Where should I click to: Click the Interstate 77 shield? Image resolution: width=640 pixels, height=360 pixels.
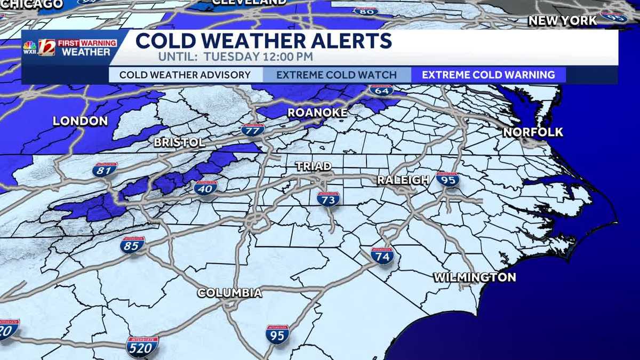click(253, 130)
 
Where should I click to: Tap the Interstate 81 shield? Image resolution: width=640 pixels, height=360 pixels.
click(105, 170)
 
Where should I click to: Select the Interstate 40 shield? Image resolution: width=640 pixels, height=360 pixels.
click(206, 187)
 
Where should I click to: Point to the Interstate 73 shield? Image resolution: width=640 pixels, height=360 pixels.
click(328, 199)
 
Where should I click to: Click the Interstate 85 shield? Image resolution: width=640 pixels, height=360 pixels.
click(132, 245)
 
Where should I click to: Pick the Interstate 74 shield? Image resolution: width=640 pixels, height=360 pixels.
click(382, 256)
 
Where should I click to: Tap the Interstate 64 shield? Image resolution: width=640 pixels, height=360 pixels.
click(381, 90)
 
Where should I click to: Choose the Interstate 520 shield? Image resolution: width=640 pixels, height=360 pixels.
click(142, 346)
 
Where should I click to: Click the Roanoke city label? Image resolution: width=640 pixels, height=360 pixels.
click(317, 113)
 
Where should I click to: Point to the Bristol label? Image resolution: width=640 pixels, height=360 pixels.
click(179, 142)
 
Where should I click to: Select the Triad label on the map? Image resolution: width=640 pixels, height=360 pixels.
click(314, 166)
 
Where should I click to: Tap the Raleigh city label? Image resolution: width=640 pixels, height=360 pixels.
click(403, 180)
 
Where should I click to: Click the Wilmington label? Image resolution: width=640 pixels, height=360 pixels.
click(474, 277)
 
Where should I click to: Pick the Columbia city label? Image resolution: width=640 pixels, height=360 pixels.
click(229, 293)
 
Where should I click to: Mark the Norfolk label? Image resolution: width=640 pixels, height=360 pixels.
click(533, 132)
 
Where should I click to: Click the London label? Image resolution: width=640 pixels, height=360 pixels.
click(80, 121)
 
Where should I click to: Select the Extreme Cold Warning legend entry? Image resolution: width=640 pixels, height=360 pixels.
click(488, 75)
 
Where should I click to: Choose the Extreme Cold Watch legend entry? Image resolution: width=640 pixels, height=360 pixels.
click(337, 75)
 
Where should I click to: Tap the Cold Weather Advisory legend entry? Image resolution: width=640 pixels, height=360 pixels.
click(185, 75)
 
